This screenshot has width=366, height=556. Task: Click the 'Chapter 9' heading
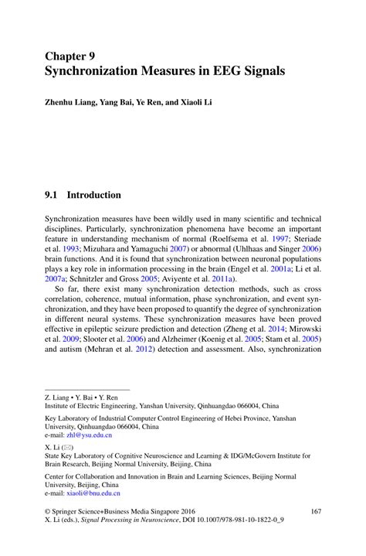point(69,56)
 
